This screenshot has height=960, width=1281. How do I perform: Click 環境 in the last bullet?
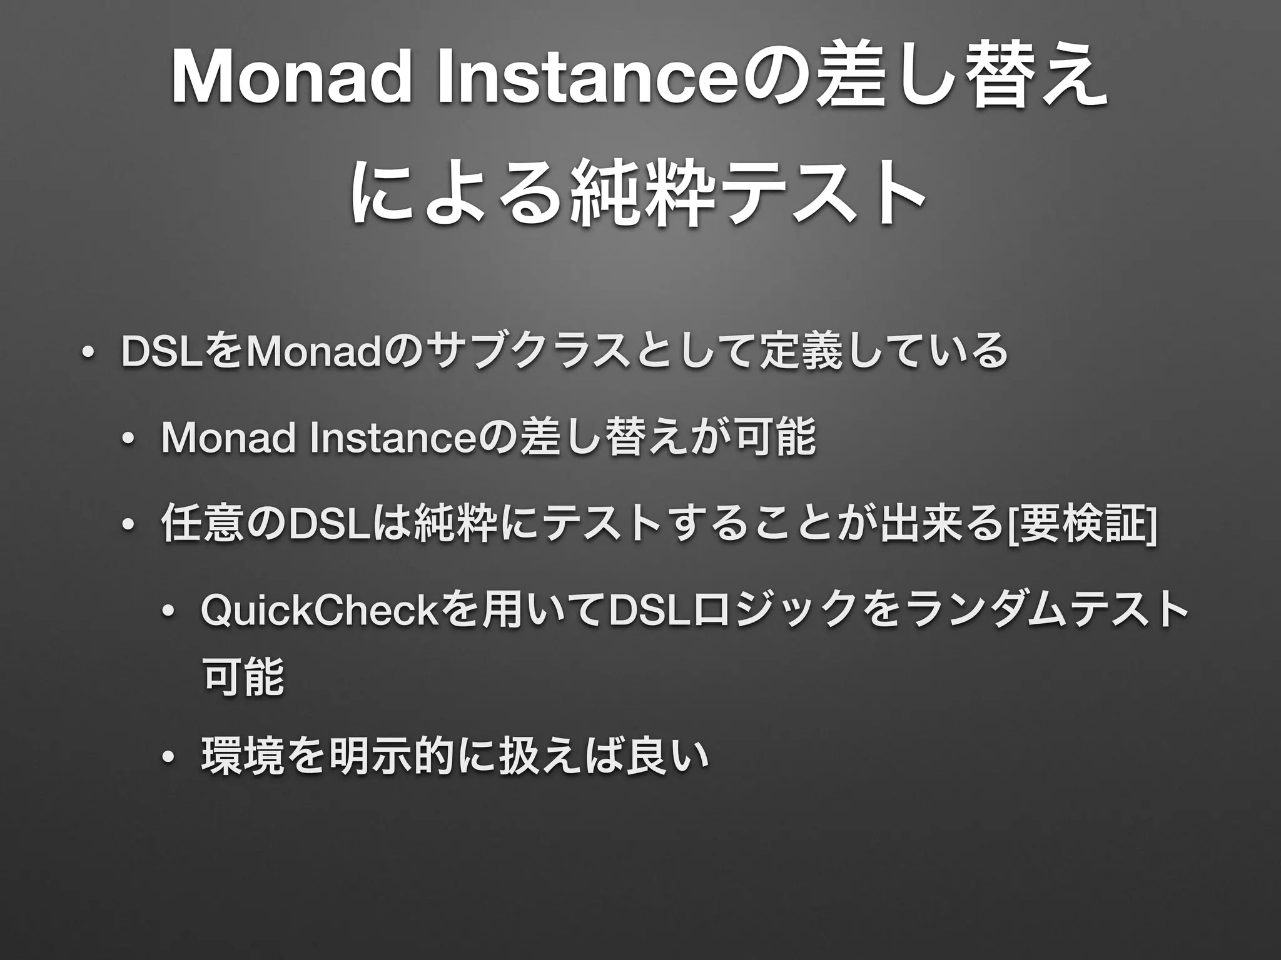click(241, 754)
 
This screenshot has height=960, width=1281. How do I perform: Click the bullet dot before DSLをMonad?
click(86, 354)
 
